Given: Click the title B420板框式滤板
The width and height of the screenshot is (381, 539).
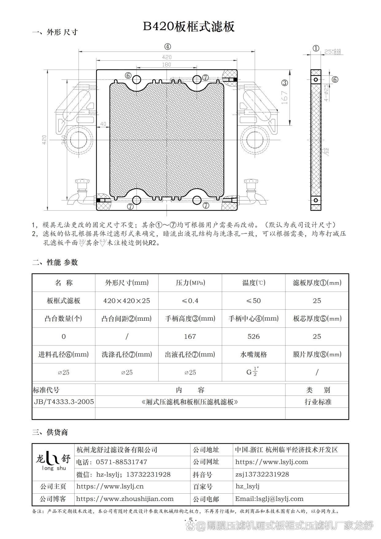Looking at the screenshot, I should (x=189, y=27).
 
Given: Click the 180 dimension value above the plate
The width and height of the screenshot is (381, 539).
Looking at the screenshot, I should (x=166, y=65).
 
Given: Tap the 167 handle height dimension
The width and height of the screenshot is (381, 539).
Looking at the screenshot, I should (x=284, y=97).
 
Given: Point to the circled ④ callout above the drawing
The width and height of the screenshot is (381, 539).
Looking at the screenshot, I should (x=167, y=47).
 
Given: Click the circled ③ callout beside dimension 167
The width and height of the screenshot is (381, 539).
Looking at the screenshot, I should (x=285, y=83).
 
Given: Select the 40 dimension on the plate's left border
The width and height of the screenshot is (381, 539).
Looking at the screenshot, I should (x=103, y=124).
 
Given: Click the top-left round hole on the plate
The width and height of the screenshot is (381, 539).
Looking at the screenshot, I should (x=137, y=80).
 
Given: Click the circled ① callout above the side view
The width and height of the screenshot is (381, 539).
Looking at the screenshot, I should (x=316, y=48).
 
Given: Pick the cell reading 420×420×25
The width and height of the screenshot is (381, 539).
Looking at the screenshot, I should (x=127, y=301).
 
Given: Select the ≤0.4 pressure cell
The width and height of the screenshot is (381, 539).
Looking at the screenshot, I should (x=190, y=301).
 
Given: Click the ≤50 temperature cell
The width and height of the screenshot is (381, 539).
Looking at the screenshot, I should (x=253, y=301).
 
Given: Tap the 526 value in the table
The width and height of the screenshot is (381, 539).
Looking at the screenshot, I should (x=253, y=337).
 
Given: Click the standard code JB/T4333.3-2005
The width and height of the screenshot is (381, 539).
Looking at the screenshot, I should (x=64, y=402).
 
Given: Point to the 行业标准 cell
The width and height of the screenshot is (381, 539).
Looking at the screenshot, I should (x=318, y=402).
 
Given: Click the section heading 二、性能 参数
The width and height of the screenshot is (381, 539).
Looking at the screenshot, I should (x=55, y=262).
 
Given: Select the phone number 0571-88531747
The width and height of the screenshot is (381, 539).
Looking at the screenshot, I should (x=121, y=462).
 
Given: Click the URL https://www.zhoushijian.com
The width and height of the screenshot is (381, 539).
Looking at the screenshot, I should (x=125, y=499).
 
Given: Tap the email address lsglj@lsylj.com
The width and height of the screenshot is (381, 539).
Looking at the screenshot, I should (x=269, y=499).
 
